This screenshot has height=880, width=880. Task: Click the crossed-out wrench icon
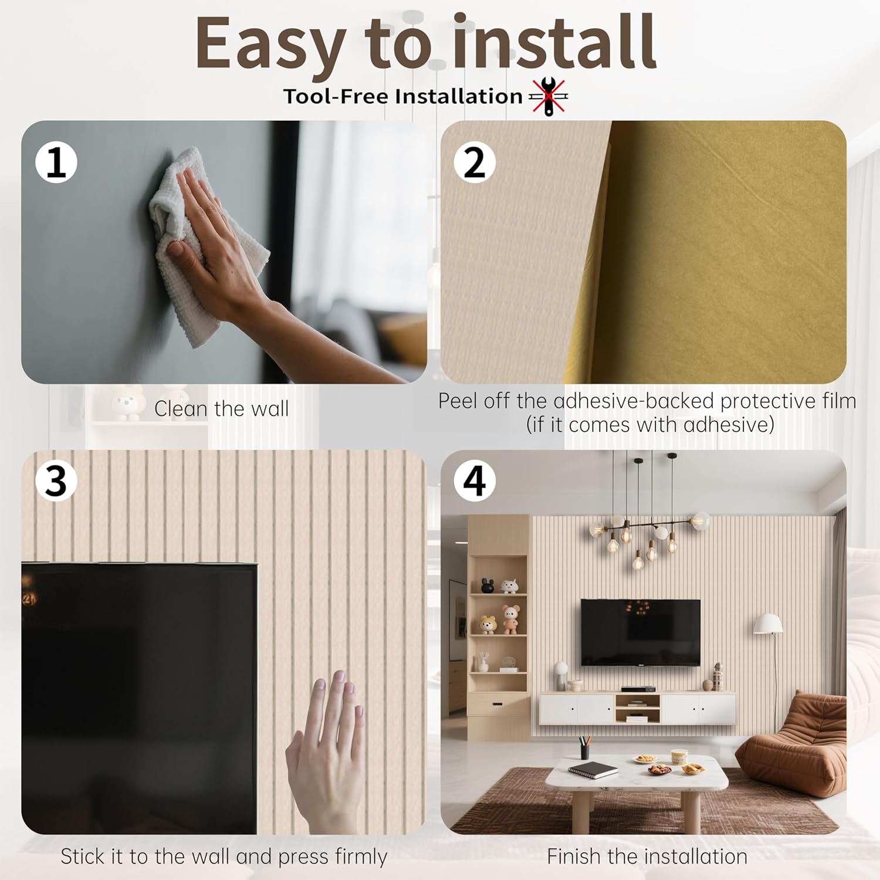point(548,96)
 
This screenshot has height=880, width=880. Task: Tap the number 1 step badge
point(56,162)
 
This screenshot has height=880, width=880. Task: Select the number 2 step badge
point(475,162)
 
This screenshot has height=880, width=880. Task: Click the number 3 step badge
point(56,480)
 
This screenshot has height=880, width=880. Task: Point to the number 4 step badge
point(475,480)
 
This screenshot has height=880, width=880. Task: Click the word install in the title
point(554,43)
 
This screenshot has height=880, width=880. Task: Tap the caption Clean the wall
point(221,409)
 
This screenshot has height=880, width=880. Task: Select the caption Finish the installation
point(647,857)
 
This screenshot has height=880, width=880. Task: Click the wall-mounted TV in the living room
point(641,632)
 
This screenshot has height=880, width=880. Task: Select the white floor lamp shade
point(768,623)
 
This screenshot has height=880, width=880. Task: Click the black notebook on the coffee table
point(593,770)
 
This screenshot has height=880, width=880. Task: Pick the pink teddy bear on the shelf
point(510,619)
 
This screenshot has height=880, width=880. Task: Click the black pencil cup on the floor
point(584,750)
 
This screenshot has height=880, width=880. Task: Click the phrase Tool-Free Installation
point(402,96)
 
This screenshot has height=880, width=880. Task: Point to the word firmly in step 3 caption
point(358,857)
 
